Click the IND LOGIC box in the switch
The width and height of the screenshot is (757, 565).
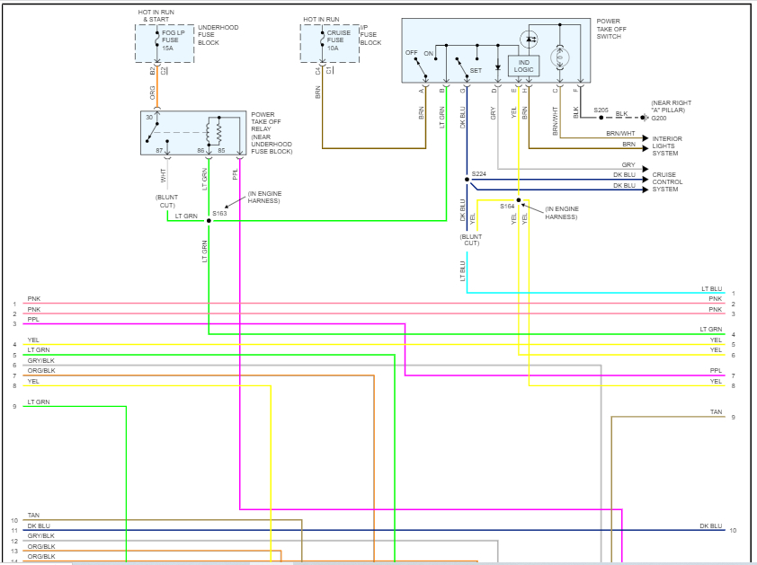pos(523,66)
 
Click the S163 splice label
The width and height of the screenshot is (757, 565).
pos(219,213)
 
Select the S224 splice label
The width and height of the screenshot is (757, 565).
pos(478,174)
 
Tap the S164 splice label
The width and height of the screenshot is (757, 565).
pos(507,206)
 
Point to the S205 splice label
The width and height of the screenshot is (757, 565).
pos(601,110)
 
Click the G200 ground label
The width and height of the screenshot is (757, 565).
pos(659,118)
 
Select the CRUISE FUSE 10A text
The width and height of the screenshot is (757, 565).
pos(339,40)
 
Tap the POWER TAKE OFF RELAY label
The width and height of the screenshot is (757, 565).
pos(272,132)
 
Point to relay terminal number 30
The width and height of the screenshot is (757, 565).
pos(149,119)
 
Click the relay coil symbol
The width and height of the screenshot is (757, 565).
pos(214,131)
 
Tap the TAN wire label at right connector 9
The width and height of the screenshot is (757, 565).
pos(716,412)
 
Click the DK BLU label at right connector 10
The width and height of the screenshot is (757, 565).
pos(710,525)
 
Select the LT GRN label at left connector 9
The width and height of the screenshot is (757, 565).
pos(39,402)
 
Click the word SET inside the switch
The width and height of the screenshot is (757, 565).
pos(475,69)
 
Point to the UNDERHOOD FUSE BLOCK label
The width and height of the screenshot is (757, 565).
pos(218,34)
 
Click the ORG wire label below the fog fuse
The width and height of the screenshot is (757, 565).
pos(153,93)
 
